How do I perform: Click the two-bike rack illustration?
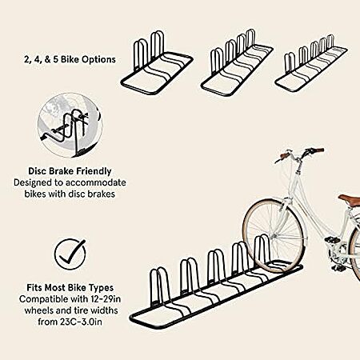tap(157, 63)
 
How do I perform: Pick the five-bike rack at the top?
tap(311, 64)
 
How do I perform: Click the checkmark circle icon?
tap(70, 254)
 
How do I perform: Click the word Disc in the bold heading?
tap(38, 171)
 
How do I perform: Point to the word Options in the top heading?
tap(98, 59)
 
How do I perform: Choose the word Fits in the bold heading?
tap(34, 288)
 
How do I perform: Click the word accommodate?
tap(96, 182)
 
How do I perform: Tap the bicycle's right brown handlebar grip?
tap(318, 151)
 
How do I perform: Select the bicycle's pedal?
tap(330, 240)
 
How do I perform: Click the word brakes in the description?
tap(102, 194)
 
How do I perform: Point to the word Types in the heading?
tap(102, 288)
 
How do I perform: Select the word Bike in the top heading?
tap(70, 59)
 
